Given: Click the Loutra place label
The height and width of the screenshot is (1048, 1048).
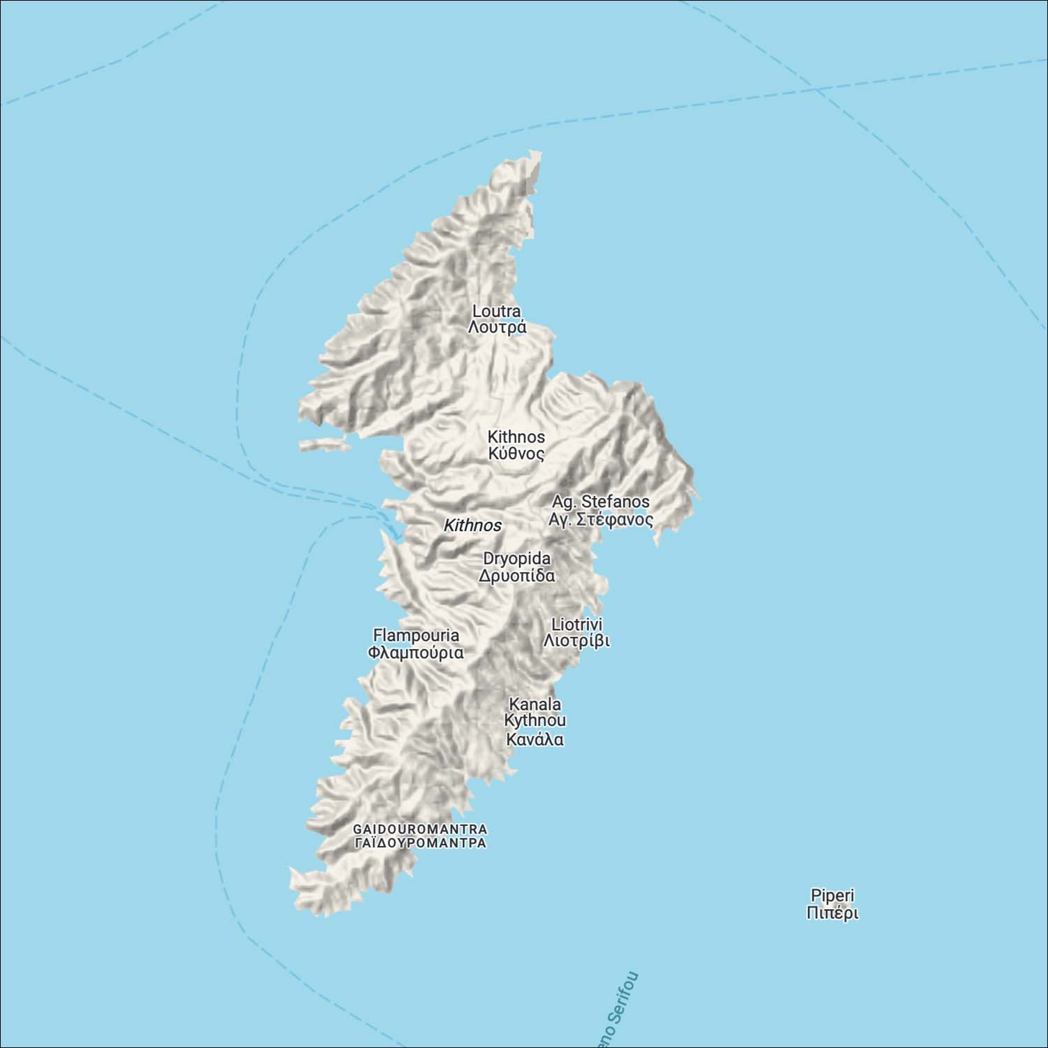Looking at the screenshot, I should (x=496, y=311).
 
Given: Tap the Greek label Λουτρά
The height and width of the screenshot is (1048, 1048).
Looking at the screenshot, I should (x=497, y=328).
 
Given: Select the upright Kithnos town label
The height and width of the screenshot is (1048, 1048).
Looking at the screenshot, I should (x=516, y=437).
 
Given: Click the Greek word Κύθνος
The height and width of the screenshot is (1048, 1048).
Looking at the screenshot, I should (x=516, y=453).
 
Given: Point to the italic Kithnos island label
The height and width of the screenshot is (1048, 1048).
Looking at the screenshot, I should (x=472, y=525).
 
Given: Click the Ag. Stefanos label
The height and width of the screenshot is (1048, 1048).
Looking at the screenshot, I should (x=600, y=502).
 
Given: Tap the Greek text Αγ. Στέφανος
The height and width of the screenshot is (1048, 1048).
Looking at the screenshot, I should (x=601, y=520).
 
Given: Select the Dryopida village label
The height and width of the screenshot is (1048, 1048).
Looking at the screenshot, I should (x=517, y=559).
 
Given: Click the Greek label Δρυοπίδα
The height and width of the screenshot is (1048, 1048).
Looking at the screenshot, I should (x=517, y=576).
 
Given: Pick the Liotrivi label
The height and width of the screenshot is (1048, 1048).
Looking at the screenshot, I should (x=576, y=624).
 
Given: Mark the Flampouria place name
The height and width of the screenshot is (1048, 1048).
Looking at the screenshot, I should (x=416, y=635).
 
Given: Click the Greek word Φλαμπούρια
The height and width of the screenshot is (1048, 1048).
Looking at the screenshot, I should (x=416, y=653).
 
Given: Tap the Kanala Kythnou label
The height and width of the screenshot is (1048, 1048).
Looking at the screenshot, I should (x=535, y=712).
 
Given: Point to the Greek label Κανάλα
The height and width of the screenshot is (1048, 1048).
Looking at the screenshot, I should (x=535, y=739).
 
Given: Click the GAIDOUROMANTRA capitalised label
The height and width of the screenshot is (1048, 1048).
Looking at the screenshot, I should (x=420, y=829).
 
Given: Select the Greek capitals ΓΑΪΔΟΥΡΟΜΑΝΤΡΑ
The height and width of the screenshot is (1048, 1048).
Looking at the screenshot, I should (x=420, y=843).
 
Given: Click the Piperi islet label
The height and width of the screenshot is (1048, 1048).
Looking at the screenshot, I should (x=832, y=895).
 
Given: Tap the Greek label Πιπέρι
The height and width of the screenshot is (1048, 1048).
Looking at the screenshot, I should (x=832, y=912).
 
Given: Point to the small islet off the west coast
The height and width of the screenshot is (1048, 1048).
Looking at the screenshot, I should (x=323, y=444).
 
